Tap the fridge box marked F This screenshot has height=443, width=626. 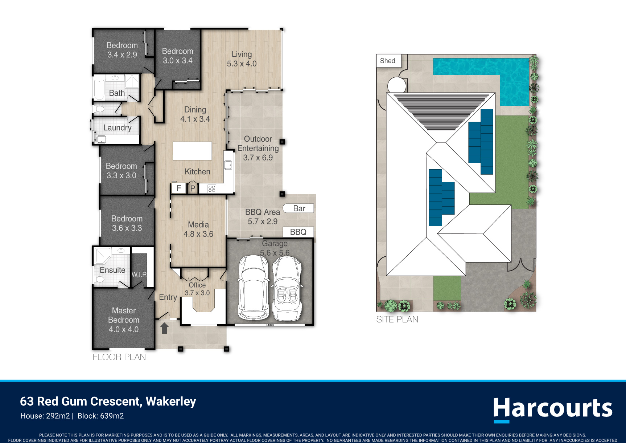tap(178, 188)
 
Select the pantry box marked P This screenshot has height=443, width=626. tap(193, 188)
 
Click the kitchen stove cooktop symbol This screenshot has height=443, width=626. tap(212, 188)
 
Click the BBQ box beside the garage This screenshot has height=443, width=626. tap(298, 232)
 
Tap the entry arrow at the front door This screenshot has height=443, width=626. tap(165, 328)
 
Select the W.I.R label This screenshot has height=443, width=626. tap(139, 275)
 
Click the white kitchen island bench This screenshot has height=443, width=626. tap(192, 151)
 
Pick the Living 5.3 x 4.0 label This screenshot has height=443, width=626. tap(242, 59)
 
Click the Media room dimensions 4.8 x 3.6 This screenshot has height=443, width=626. tap(198, 234)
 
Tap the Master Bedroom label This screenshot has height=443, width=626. tap(124, 315)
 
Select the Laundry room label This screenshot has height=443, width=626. tap(117, 128)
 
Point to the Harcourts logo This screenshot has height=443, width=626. tap(553, 410)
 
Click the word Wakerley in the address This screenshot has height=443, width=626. tap(171, 402)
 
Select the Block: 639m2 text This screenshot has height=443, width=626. tap(100, 416)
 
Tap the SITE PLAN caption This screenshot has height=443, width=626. tap(397, 320)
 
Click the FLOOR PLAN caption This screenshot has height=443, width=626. tap(119, 357)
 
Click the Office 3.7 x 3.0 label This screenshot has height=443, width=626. tap(197, 289)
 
